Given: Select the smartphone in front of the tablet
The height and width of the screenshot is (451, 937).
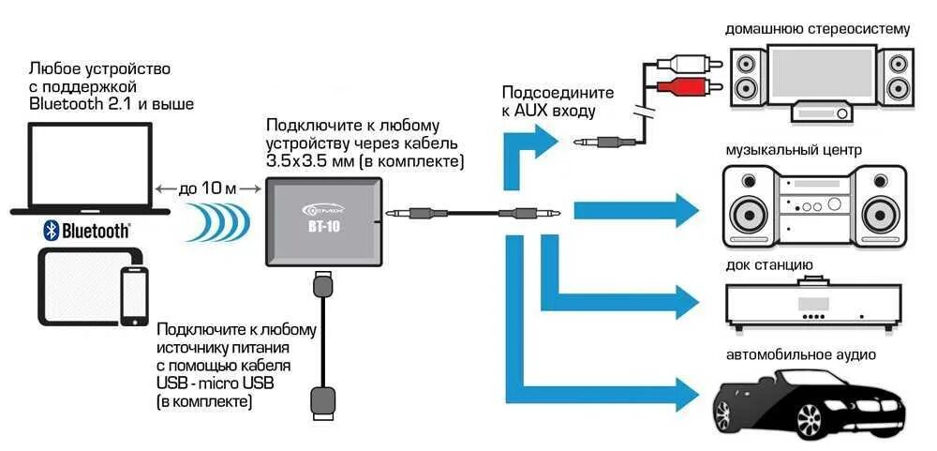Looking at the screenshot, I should (133, 293).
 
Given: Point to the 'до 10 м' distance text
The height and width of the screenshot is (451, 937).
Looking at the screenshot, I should (208, 188).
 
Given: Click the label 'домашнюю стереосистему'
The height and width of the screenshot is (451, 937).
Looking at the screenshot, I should (817, 29).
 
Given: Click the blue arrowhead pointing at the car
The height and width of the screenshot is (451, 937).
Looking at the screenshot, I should (687, 387).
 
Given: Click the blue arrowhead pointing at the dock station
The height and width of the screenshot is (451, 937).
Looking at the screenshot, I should (687, 300).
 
